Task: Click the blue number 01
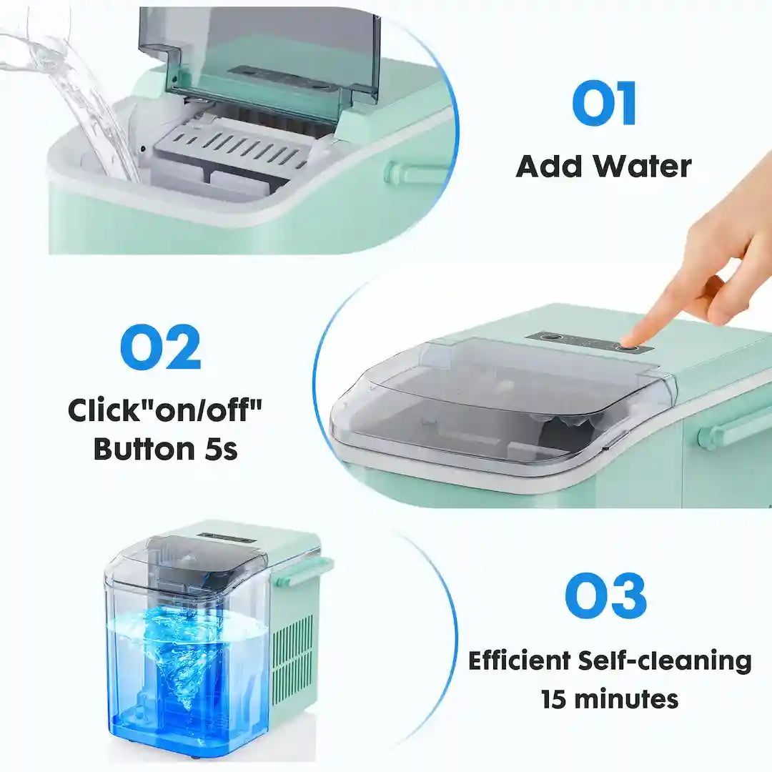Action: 604,104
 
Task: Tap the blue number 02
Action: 161,348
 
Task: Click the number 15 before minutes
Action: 555,698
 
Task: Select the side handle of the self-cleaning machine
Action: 304,572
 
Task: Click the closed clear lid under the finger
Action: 500,404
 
